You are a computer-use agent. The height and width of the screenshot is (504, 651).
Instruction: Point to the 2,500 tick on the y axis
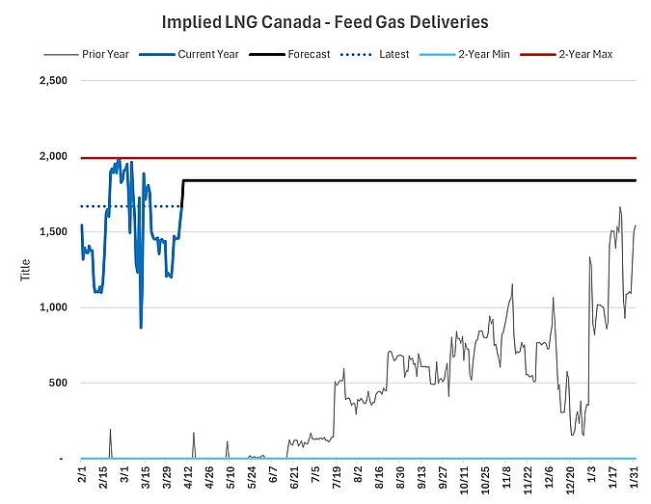(x=50, y=81)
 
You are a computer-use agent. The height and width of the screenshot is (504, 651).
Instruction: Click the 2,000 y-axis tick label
(x=50, y=157)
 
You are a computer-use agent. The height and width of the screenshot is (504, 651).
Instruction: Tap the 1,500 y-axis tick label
(x=50, y=232)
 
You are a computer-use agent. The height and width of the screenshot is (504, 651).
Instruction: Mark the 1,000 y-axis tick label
(x=50, y=307)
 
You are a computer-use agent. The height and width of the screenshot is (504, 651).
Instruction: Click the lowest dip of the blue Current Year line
(x=141, y=329)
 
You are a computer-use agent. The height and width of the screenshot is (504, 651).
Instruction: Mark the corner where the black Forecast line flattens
(x=183, y=180)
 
